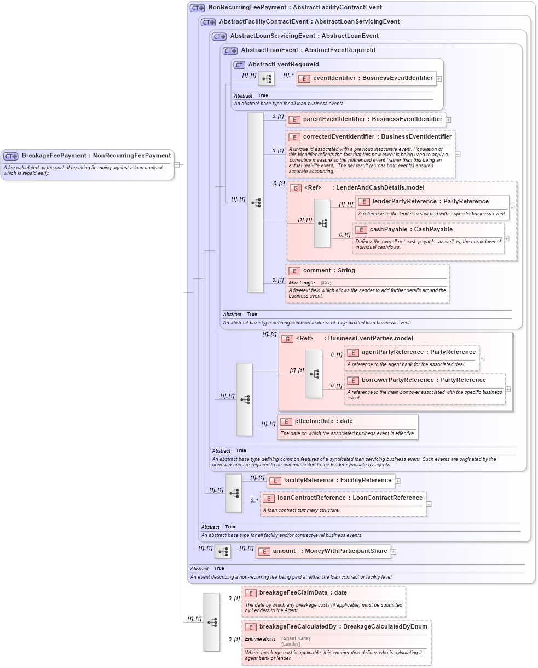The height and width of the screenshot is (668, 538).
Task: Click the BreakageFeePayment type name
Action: pos(96,156)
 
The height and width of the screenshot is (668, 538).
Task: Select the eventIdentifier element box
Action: pos(366,78)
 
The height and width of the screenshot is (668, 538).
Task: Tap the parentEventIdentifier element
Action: pos(366,119)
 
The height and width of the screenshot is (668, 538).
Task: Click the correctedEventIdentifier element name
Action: pos(377,136)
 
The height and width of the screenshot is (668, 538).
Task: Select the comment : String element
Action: pos(328,271)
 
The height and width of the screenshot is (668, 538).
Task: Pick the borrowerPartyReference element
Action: pos(423,380)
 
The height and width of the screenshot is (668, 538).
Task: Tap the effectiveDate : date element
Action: pos(323,421)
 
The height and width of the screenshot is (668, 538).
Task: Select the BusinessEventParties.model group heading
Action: pos(370,339)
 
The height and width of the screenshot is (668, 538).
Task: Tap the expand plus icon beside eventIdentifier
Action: pos(439,79)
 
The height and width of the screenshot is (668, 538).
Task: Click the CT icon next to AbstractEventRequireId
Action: pos(239,65)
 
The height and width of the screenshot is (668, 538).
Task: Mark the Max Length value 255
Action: pos(326,283)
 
